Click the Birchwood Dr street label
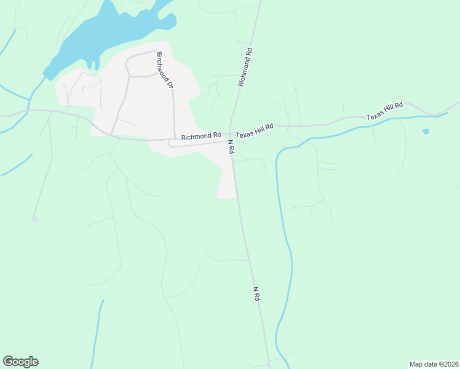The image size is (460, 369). tap(164, 70)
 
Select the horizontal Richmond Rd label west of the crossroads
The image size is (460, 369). tap(200, 135)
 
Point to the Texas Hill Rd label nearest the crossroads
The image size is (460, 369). tap(254, 129)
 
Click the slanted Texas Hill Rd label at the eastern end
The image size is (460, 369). tap(384, 111)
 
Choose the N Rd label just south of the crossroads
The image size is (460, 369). tap(232, 146)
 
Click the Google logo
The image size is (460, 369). tap(20, 362)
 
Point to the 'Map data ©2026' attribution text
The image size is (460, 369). tap(434, 363)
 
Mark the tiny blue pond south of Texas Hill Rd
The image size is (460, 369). tap(426, 131)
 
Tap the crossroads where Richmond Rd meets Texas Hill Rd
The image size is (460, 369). tap(231, 133)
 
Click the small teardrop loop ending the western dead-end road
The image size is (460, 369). tap(35, 218)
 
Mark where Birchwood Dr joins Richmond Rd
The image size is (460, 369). tap(175, 138)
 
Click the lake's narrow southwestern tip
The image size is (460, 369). tap(47, 76)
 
